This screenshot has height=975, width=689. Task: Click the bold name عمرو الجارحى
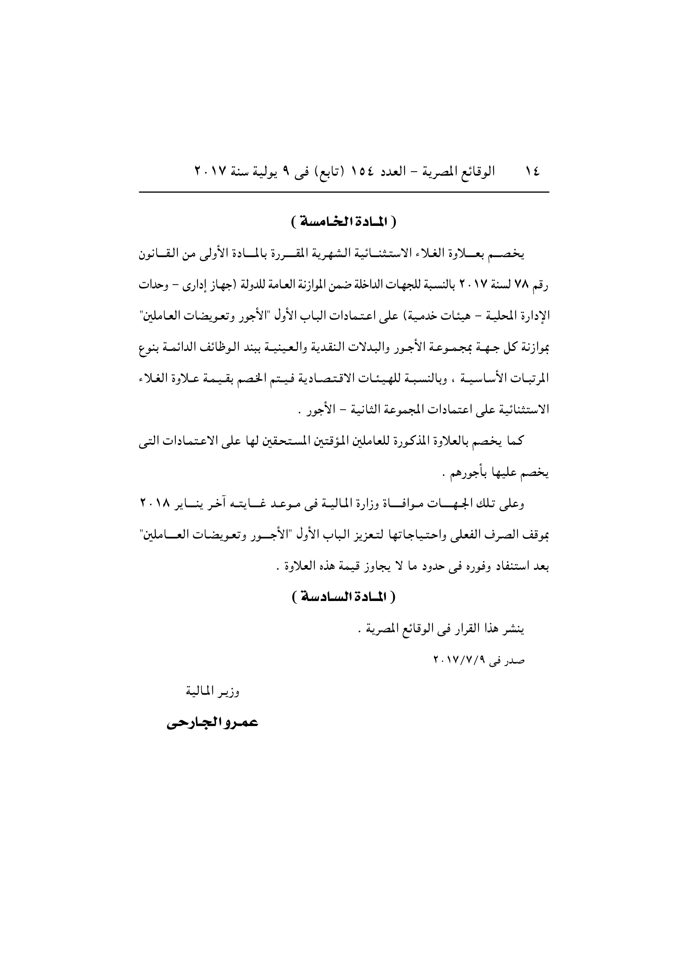212,723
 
